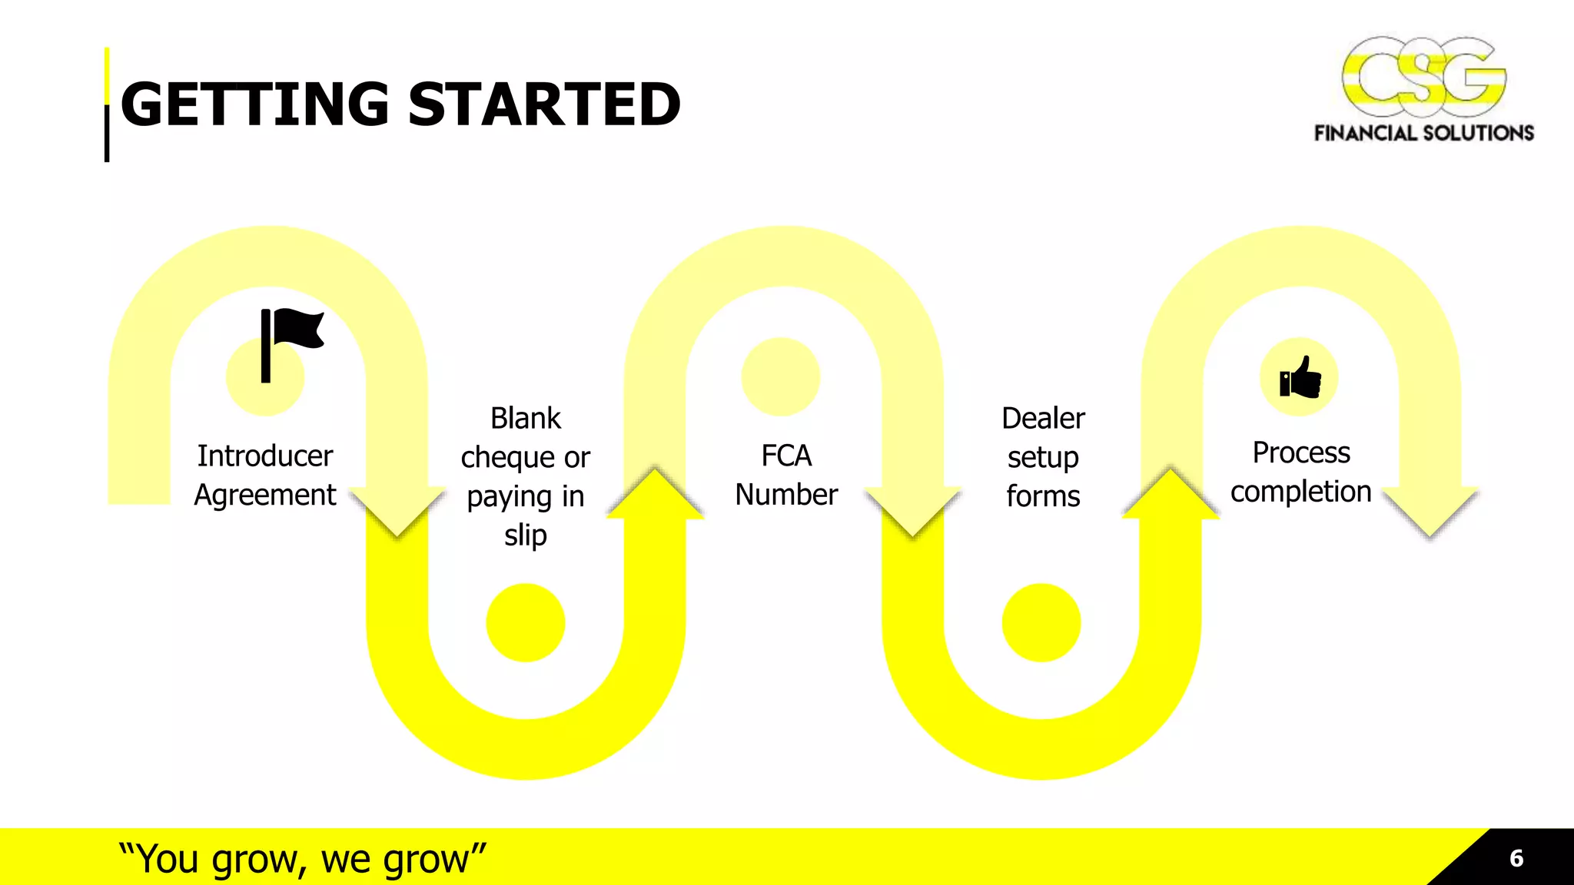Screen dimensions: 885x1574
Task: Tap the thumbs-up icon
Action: pos(1300,378)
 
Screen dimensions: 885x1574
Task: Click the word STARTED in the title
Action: pos(544,104)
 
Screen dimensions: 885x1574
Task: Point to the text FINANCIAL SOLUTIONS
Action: pos(1423,134)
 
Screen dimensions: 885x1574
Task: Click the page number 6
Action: pos(1516,858)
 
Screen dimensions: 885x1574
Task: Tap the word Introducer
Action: pos(265,456)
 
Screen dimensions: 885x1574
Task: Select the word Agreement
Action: pos(265,495)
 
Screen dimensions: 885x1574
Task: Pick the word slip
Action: pos(526,535)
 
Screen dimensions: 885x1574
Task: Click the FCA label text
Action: pos(786,456)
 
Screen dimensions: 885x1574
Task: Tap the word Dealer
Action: pos(1043,419)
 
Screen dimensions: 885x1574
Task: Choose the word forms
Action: pos(1043,496)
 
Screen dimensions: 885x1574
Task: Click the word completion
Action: pos(1300,492)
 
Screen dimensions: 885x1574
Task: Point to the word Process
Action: pos(1300,452)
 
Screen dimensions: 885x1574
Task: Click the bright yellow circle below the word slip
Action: pos(526,623)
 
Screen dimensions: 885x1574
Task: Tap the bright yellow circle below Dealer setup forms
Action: pos(1041,623)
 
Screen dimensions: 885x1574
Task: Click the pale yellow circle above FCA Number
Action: pos(781,377)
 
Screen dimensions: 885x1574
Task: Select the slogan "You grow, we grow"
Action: pos(303,859)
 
